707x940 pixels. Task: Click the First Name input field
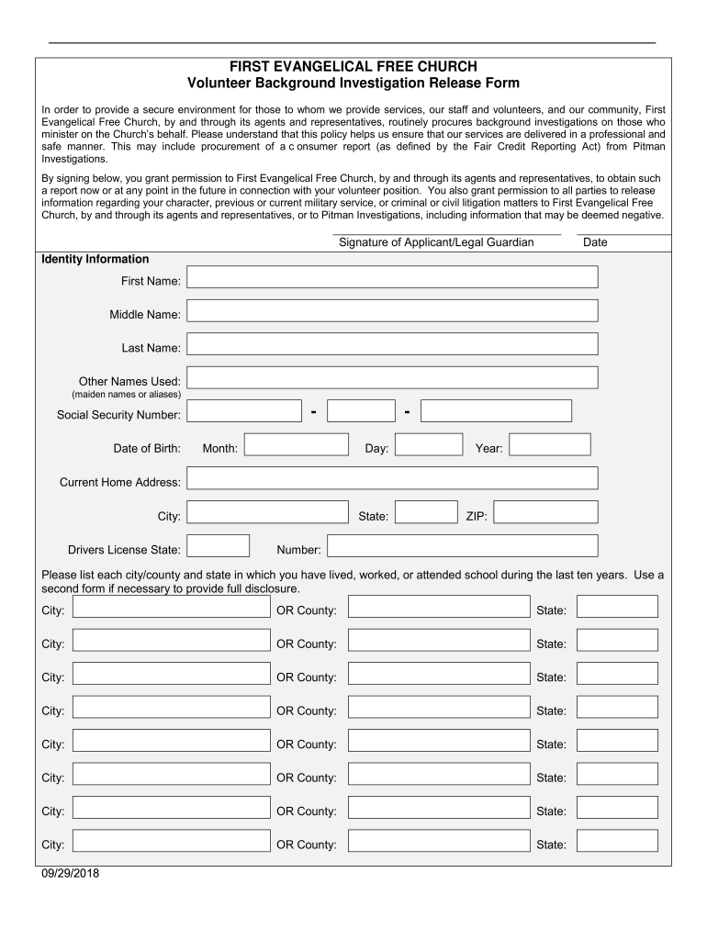coord(392,277)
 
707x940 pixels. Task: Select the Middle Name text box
coord(392,311)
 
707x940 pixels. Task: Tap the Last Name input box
coord(392,344)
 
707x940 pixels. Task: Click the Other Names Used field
coord(392,377)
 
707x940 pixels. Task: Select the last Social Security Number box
coord(496,411)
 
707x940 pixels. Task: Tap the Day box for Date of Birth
coord(429,445)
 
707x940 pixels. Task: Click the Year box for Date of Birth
coord(549,445)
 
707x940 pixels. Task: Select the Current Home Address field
coord(392,478)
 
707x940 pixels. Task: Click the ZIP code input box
coord(545,512)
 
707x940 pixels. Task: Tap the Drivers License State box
coord(218,546)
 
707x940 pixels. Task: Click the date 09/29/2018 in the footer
coord(70,873)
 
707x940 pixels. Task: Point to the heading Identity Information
coord(95,259)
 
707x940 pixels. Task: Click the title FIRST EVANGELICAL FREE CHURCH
coord(353,67)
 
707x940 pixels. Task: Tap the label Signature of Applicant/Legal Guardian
coord(436,242)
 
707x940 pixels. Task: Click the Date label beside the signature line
coord(595,242)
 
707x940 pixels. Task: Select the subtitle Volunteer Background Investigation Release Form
coord(353,84)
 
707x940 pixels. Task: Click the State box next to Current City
coord(426,512)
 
